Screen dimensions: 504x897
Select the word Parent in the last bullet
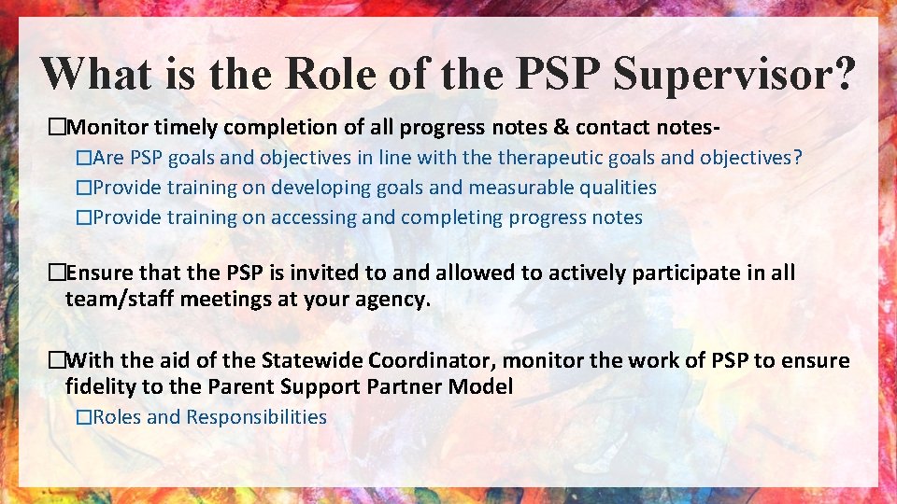[234, 386]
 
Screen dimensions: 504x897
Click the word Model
[485, 386]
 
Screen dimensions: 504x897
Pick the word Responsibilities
[257, 417]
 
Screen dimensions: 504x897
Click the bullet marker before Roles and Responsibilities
[84, 417]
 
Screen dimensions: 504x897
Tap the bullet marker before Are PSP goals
[84, 158]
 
